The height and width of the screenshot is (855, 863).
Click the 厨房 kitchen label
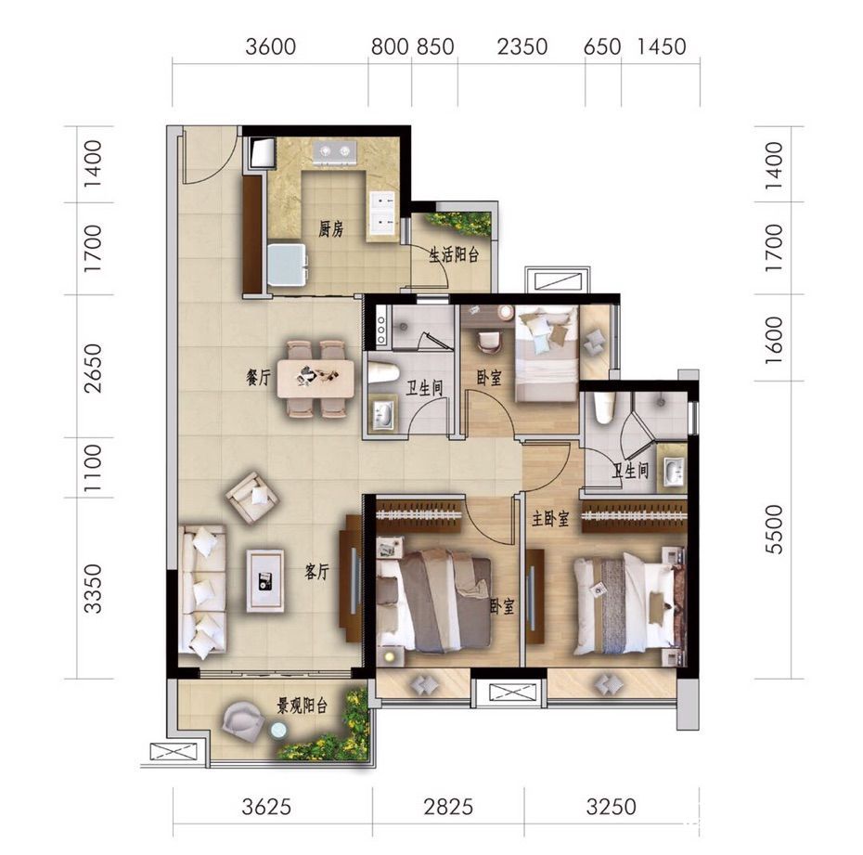[x=330, y=229]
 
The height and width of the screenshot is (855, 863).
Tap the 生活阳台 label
[x=454, y=255]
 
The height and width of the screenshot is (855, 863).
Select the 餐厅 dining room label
[x=258, y=378]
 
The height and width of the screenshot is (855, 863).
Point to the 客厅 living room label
[x=316, y=572]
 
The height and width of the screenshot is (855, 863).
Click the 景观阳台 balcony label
[x=303, y=706]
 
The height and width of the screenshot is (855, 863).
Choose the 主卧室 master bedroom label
[x=550, y=518]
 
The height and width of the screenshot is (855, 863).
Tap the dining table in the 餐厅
[x=316, y=378]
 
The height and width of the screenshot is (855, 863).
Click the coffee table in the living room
[x=265, y=580]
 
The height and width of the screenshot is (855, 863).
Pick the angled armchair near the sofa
[x=252, y=496]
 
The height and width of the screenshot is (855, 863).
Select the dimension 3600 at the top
[x=271, y=46]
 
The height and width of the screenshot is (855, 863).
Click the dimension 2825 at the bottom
[x=448, y=807]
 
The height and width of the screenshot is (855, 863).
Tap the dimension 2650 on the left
[x=93, y=369]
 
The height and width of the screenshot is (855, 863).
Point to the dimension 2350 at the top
[x=522, y=46]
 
